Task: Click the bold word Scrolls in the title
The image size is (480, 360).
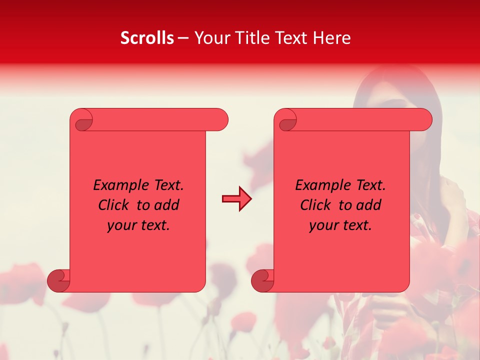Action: (x=147, y=38)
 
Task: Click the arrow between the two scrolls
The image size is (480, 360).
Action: (x=237, y=199)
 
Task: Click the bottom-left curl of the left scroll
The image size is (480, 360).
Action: (x=59, y=280)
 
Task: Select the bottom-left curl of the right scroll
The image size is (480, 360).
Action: (x=263, y=280)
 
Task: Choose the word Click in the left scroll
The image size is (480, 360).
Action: (x=114, y=205)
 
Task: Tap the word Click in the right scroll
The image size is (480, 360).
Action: (x=316, y=205)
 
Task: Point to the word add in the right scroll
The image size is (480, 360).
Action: (x=369, y=205)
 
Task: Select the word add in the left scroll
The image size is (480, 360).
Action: (x=167, y=205)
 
